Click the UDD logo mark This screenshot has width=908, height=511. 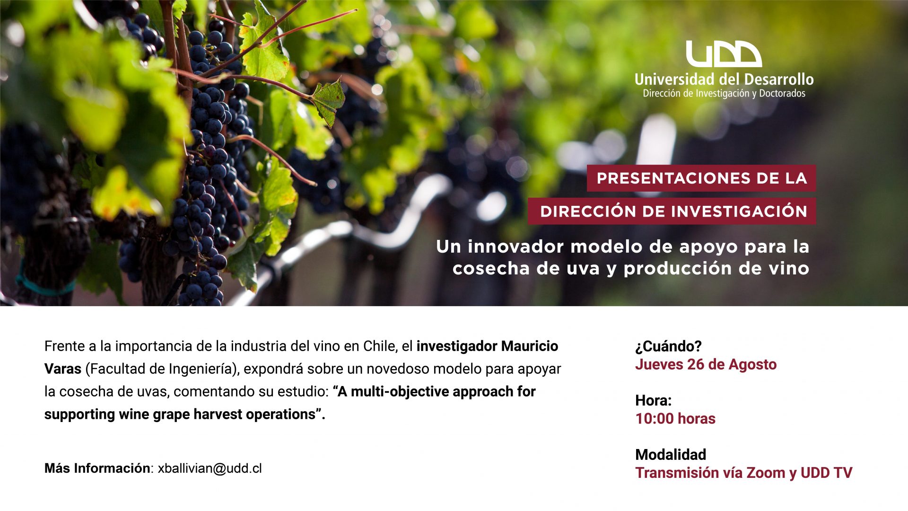[724, 54]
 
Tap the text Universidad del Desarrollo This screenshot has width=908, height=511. [724, 79]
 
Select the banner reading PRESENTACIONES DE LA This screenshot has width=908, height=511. [701, 178]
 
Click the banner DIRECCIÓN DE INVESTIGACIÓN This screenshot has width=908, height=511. [672, 211]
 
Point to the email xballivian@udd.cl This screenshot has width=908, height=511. [210, 468]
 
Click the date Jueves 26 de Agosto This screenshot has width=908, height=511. [706, 364]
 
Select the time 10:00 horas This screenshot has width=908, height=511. [675, 419]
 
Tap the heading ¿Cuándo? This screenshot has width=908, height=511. [668, 346]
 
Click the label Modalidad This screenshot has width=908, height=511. [671, 455]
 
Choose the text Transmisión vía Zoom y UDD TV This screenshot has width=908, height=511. [744, 473]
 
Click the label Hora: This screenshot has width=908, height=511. [654, 401]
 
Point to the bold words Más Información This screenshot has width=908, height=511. [97, 468]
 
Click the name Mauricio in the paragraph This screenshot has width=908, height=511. [530, 346]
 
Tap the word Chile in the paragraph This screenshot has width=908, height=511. [379, 346]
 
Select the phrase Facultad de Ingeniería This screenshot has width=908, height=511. [161, 369]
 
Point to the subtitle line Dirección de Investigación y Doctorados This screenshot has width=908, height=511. [724, 94]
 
